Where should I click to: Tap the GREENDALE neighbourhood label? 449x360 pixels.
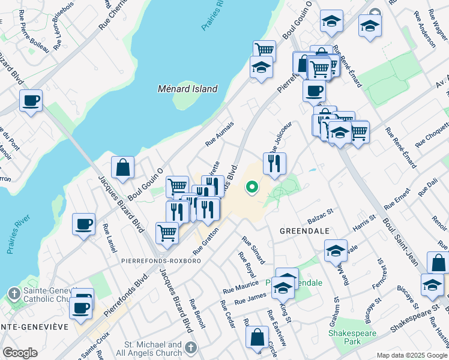click(303, 230)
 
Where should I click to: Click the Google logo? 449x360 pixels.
click(20, 353)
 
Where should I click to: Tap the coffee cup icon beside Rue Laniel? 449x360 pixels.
click(83, 225)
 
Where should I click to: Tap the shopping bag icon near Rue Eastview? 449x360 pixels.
click(257, 338)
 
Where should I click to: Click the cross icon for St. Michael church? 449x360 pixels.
click(190, 348)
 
